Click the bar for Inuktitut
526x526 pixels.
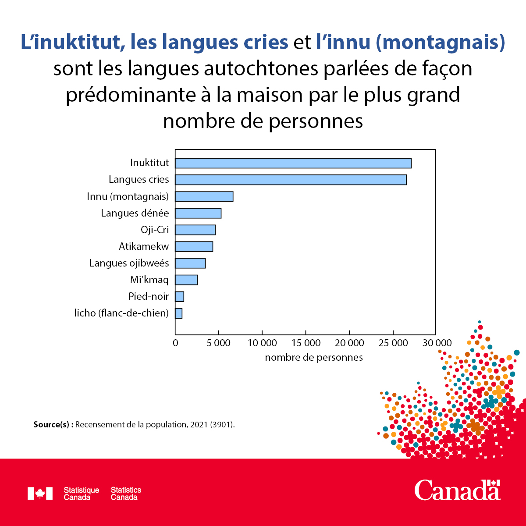click(293, 163)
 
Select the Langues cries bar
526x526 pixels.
click(291, 180)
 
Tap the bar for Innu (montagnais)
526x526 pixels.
click(204, 196)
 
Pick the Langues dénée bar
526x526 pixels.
click(198, 213)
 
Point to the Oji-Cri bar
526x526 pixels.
click(195, 230)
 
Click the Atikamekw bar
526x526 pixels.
click(194, 246)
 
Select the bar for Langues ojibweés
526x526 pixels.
click(190, 263)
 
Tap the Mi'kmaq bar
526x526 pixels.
click(186, 280)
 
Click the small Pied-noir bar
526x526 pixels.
click(179, 296)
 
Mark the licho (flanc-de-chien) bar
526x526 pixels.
click(178, 313)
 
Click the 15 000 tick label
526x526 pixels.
click(306, 343)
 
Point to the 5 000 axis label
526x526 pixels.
click(218, 343)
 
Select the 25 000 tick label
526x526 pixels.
click(393, 343)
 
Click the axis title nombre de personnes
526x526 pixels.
click(314, 358)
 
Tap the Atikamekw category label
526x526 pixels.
click(144, 246)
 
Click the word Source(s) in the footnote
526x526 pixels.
click(51, 424)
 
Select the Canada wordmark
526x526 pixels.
click(457, 490)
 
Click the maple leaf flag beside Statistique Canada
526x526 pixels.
click(40, 493)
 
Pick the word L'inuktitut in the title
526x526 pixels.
click(70, 42)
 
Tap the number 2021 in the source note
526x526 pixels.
click(199, 424)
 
